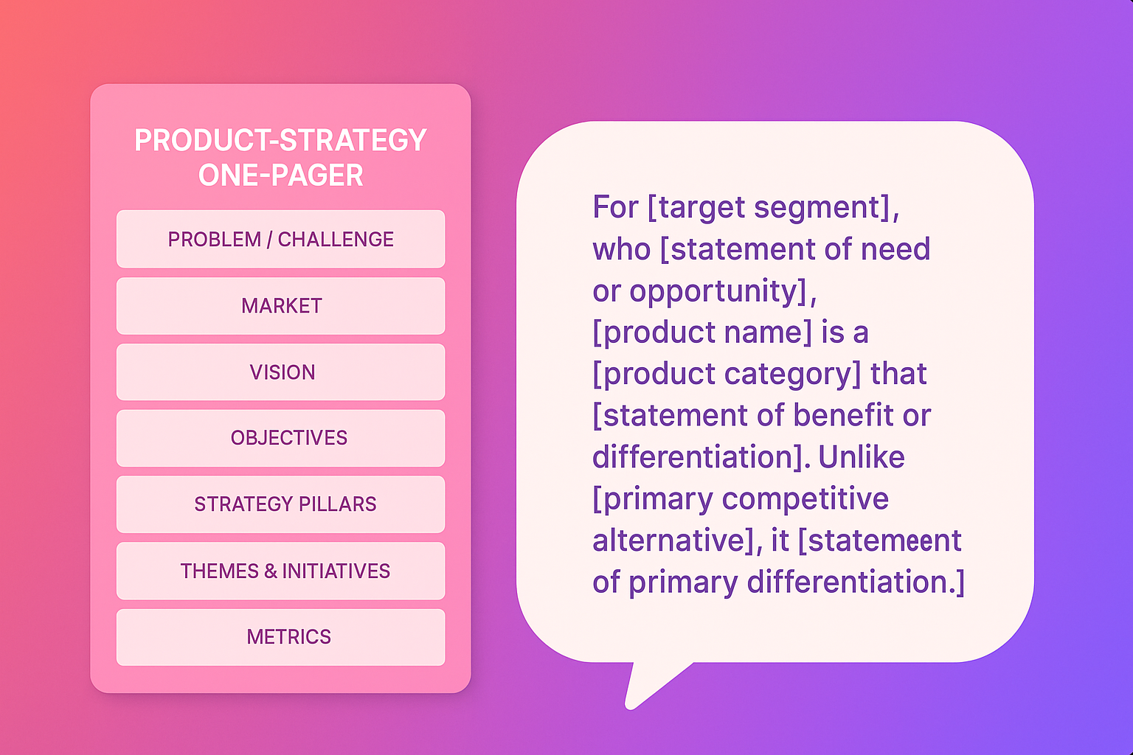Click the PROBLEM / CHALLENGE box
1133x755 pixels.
pyautogui.click(x=281, y=239)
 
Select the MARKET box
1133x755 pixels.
pyautogui.click(x=281, y=305)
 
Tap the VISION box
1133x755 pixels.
pyautogui.click(x=281, y=372)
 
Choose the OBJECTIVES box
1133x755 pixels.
pyautogui.click(x=281, y=438)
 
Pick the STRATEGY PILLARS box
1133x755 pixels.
pyautogui.click(x=281, y=504)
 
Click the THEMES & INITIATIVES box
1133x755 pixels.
pyautogui.click(x=281, y=571)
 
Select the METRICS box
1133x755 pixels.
pyautogui.click(x=281, y=637)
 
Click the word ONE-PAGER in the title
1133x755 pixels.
pyautogui.click(x=281, y=175)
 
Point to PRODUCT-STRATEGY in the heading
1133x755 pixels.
pyautogui.click(x=281, y=140)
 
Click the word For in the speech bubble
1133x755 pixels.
pyautogui.click(x=616, y=207)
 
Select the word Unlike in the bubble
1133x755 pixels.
pyautogui.click(x=862, y=457)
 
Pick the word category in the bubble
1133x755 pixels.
pyautogui.click(x=792, y=375)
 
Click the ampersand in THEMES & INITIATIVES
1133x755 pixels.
pyautogui.click(x=271, y=571)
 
